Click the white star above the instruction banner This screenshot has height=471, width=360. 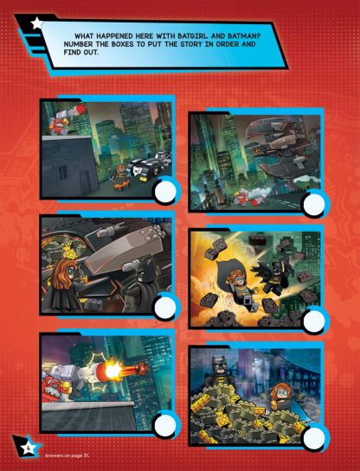tap(36, 23)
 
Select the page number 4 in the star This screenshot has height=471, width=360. tap(27, 449)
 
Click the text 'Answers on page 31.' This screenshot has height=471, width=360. tap(67, 455)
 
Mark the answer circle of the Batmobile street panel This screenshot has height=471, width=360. tap(165, 191)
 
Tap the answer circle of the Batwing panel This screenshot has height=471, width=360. tap(314, 204)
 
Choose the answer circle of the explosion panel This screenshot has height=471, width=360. tap(313, 321)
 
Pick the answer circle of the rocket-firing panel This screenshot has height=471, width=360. tap(165, 425)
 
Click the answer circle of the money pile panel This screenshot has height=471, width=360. tap(313, 438)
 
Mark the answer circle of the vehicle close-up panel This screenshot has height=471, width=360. tap(165, 308)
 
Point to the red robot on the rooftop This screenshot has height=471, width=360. tap(57, 121)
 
